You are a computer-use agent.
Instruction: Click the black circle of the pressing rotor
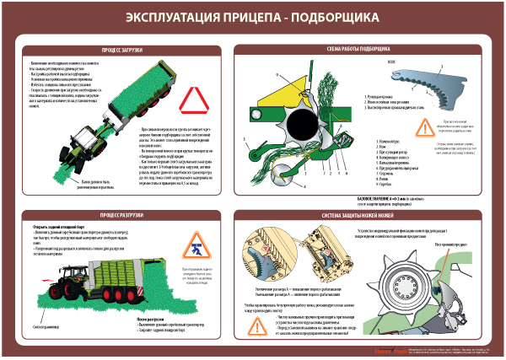[301, 129]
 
